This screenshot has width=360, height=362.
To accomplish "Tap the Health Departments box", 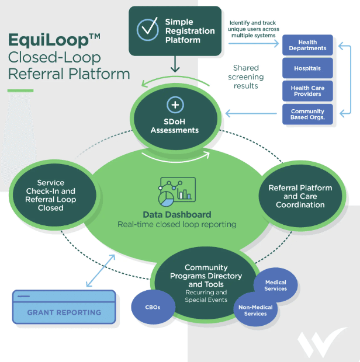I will [307, 45].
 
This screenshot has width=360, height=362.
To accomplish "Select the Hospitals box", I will [307, 68].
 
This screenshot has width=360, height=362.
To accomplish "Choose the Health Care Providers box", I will [307, 90].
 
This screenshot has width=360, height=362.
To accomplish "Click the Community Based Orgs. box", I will [307, 114].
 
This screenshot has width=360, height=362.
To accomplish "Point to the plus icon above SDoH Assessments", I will [175, 105].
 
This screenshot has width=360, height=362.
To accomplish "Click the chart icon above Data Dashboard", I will [176, 192].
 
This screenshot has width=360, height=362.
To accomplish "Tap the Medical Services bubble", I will [276, 285].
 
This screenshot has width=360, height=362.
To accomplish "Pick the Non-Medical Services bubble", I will [255, 309].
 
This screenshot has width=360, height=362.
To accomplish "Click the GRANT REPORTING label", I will [64, 312].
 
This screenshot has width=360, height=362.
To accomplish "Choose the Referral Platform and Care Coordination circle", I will [300, 196].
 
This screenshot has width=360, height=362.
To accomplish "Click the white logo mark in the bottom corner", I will [320, 343].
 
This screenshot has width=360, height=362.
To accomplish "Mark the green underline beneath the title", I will [20, 90].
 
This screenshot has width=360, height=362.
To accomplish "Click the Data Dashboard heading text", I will [176, 214].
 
